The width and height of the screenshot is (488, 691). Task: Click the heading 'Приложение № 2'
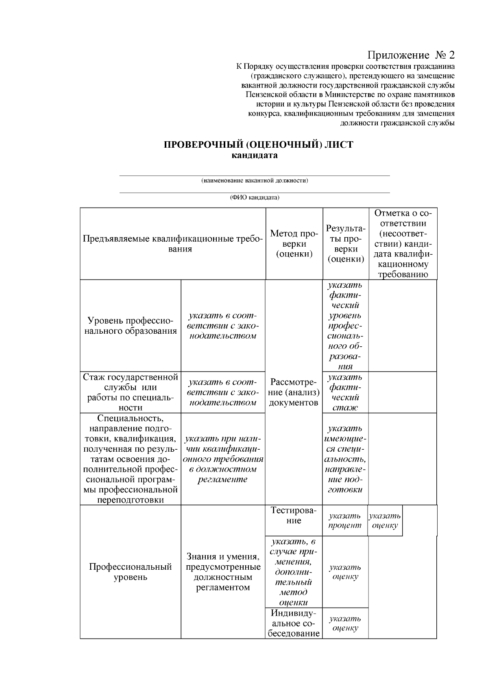pyautogui.click(x=411, y=55)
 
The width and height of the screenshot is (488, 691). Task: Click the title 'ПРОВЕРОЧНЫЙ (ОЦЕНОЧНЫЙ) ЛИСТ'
pyautogui.click(x=258, y=145)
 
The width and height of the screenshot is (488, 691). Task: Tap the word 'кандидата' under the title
pyautogui.click(x=255, y=155)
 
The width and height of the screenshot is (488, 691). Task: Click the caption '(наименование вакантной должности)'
pyautogui.click(x=255, y=180)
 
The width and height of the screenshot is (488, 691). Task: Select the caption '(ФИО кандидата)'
pyautogui.click(x=255, y=198)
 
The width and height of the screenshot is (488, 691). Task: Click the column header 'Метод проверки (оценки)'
pyautogui.click(x=294, y=244)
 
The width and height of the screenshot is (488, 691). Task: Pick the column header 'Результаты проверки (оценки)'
pyautogui.click(x=345, y=244)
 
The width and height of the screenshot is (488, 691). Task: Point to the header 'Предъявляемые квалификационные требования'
pyautogui.click(x=172, y=244)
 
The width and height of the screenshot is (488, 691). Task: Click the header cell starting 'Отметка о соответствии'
pyautogui.click(x=403, y=244)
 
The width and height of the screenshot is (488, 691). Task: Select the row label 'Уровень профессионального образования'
pyautogui.click(x=131, y=326)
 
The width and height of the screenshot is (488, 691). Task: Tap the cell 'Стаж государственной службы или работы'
pyautogui.click(x=131, y=392)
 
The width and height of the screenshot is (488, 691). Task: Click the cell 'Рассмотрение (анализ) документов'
pyautogui.click(x=294, y=392)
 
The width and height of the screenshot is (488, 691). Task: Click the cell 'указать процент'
pyautogui.click(x=345, y=520)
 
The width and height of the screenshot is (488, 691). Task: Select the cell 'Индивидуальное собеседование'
pyautogui.click(x=294, y=623)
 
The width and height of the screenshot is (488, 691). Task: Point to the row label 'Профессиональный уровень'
pyautogui.click(x=131, y=572)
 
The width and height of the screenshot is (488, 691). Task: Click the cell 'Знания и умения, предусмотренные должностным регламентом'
pyautogui.click(x=223, y=572)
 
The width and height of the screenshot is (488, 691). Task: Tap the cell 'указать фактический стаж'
pyautogui.click(x=345, y=392)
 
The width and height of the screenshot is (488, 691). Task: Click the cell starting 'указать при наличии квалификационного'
pyautogui.click(x=223, y=459)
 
